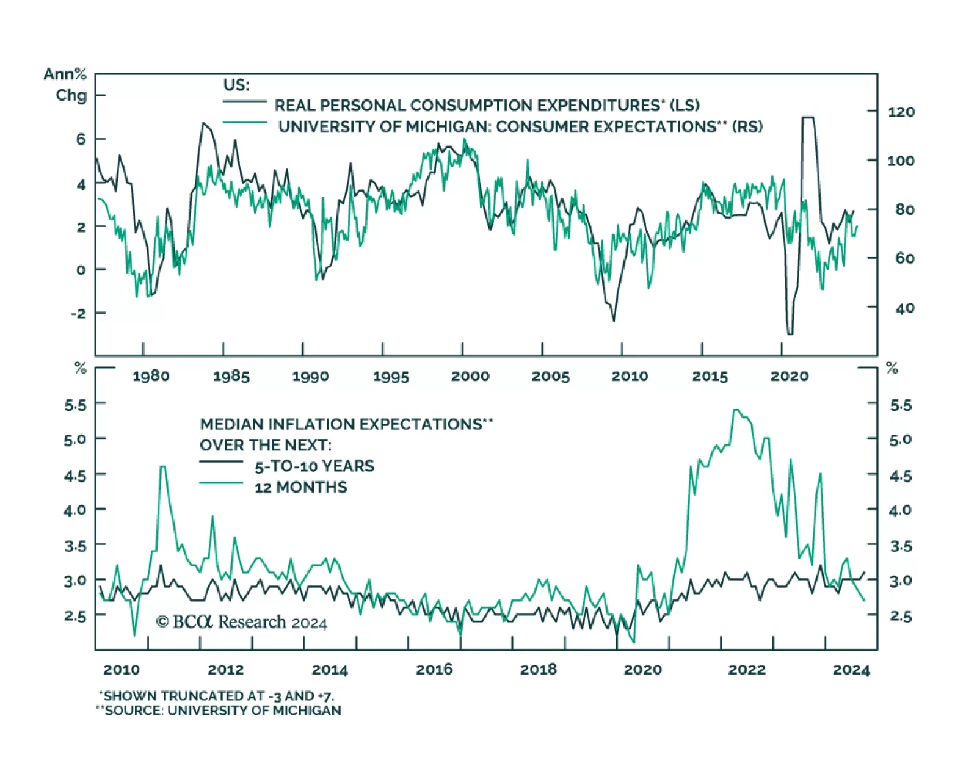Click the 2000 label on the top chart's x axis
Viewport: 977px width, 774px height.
click(470, 376)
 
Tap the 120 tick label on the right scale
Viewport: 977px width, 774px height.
click(901, 112)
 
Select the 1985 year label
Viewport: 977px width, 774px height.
click(231, 376)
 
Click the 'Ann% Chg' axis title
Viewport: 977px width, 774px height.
click(65, 85)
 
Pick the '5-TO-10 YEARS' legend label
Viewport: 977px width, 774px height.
click(314, 466)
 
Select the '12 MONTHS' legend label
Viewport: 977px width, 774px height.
click(300, 487)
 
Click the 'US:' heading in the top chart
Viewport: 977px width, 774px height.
click(236, 85)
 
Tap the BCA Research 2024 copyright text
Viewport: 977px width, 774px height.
click(241, 622)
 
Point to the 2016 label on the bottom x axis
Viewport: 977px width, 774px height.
click(434, 670)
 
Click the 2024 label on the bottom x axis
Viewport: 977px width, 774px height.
click(851, 670)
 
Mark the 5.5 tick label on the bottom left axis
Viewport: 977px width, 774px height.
click(76, 405)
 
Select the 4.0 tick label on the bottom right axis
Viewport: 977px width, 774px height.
click(900, 510)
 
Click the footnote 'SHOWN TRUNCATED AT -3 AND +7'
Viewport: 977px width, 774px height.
click(217, 696)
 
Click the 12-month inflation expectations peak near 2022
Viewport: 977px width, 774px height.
click(736, 410)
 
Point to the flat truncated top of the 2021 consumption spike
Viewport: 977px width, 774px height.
click(808, 117)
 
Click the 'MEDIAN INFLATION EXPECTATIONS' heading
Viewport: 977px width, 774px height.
click(346, 424)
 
